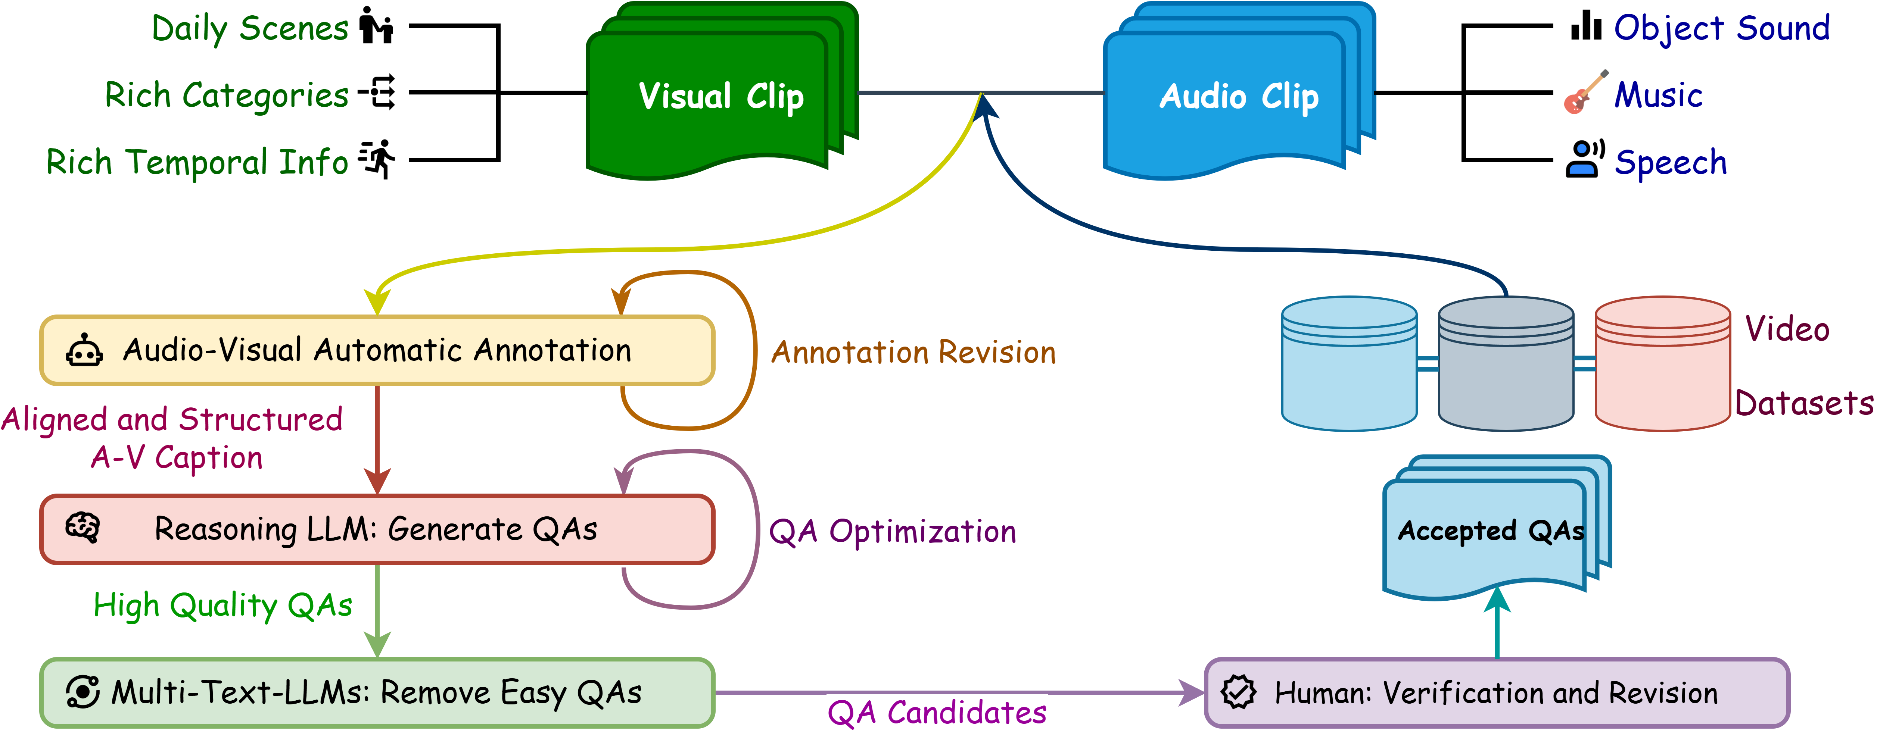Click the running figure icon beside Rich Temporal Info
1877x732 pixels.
377,159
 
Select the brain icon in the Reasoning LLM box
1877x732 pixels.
83,527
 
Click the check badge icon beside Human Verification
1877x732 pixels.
1239,692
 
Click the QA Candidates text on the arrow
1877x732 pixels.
937,712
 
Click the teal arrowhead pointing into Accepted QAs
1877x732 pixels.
1497,599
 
